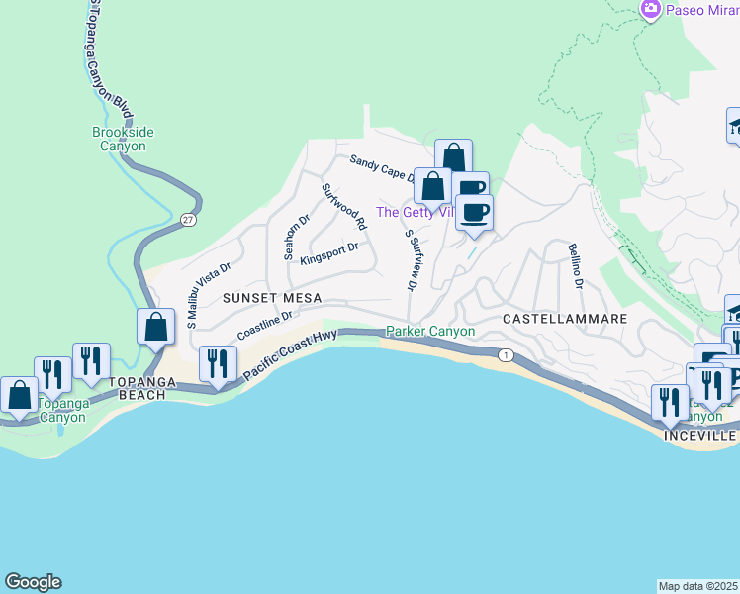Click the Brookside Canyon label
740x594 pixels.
(119, 139)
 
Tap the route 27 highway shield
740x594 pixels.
(188, 220)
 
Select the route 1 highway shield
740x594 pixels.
(506, 354)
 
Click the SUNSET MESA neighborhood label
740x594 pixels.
(260, 297)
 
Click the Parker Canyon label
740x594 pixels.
(430, 331)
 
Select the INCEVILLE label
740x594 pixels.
(700, 436)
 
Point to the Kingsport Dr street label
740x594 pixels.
(328, 253)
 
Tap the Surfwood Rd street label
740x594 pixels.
(344, 207)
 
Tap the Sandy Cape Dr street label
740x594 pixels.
(382, 168)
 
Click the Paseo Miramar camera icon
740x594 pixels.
(650, 9)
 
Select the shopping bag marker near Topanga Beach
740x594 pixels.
(156, 328)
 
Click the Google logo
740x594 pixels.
(33, 582)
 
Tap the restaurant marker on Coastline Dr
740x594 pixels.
(217, 364)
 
